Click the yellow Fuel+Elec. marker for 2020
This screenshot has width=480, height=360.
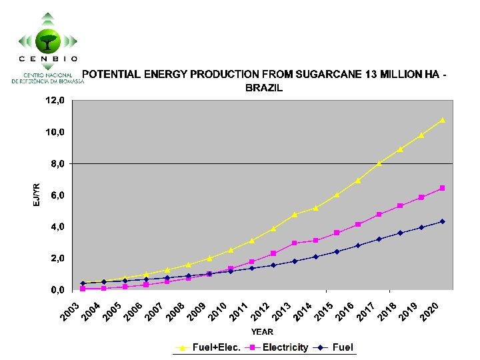442,121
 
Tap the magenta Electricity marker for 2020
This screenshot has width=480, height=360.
442,189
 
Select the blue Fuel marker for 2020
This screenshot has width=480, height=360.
442,221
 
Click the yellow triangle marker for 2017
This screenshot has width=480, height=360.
379,163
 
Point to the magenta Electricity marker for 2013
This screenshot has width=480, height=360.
294,243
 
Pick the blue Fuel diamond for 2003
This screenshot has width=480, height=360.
83,283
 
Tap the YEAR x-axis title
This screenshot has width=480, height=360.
262,331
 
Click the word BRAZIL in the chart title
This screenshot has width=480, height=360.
264,87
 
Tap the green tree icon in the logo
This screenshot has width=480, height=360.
48,41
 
